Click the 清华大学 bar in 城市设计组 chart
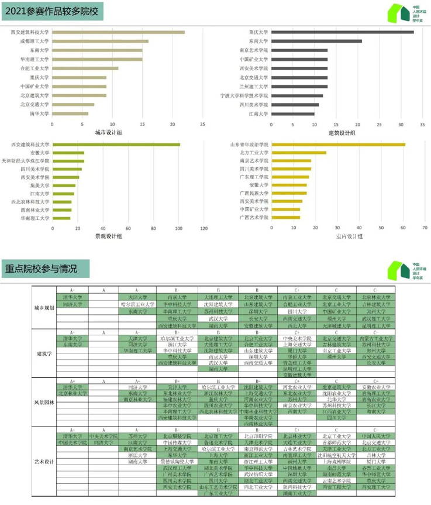coord(70,114)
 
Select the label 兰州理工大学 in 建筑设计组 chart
coord(253,87)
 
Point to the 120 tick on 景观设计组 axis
coord(204,228)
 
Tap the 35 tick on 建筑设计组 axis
coord(402,124)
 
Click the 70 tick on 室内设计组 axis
coord(425,228)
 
